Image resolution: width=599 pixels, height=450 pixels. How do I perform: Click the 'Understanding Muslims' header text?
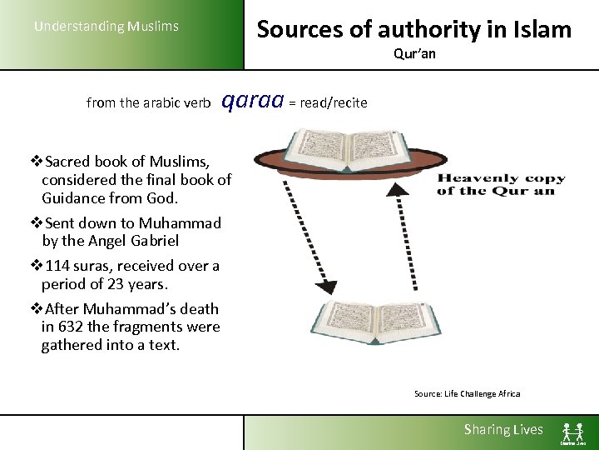pos(106,27)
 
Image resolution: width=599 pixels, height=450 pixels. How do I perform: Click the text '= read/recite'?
pos(327,102)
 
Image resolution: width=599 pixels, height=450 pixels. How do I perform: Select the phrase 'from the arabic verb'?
pos(148,103)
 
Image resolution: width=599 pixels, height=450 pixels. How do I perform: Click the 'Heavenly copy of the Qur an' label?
pos(501,184)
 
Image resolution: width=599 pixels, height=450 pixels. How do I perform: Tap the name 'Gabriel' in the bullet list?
pos(153,241)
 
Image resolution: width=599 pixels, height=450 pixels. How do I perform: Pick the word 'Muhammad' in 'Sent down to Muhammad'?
pos(181,223)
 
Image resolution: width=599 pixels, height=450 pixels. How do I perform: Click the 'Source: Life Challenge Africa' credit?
pos(467,394)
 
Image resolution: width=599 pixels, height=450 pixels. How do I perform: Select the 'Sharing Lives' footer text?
pos(502,430)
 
